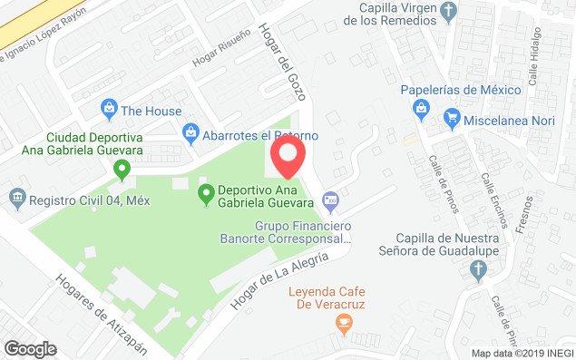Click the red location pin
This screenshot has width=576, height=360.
[x=288, y=157]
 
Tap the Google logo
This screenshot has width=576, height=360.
[x=30, y=348]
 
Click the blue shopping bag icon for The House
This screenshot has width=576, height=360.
[x=109, y=111]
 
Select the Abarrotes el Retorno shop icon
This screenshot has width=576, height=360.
[x=190, y=133]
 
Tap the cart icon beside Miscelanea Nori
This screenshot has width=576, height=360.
[x=451, y=117]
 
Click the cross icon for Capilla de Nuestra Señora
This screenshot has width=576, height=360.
[x=478, y=270]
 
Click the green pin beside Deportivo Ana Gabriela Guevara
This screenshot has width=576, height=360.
[x=206, y=191]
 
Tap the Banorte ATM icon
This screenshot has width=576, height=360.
[x=331, y=198]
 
